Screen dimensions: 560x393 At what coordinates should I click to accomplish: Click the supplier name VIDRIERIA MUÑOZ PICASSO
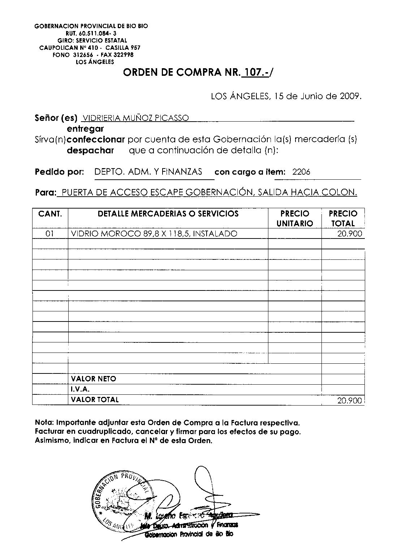tap(135, 118)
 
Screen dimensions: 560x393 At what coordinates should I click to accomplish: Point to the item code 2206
tap(301, 172)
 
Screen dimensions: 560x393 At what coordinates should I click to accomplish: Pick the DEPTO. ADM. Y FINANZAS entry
tap(148, 172)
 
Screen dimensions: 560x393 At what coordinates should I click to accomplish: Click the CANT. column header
tap(50, 214)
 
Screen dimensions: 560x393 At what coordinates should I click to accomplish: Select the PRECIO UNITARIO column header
tap(295, 218)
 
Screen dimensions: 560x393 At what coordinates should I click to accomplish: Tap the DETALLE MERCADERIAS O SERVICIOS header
tap(168, 214)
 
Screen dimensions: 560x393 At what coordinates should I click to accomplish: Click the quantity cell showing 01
tap(50, 234)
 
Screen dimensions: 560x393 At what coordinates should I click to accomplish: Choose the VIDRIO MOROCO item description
tap(154, 234)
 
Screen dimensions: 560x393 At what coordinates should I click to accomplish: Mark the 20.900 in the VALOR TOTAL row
tap(349, 400)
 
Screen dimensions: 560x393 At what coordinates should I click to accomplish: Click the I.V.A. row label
tap(80, 389)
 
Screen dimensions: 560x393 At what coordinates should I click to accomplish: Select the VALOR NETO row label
tap(94, 379)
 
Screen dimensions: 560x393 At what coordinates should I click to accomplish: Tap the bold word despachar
tap(90, 150)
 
